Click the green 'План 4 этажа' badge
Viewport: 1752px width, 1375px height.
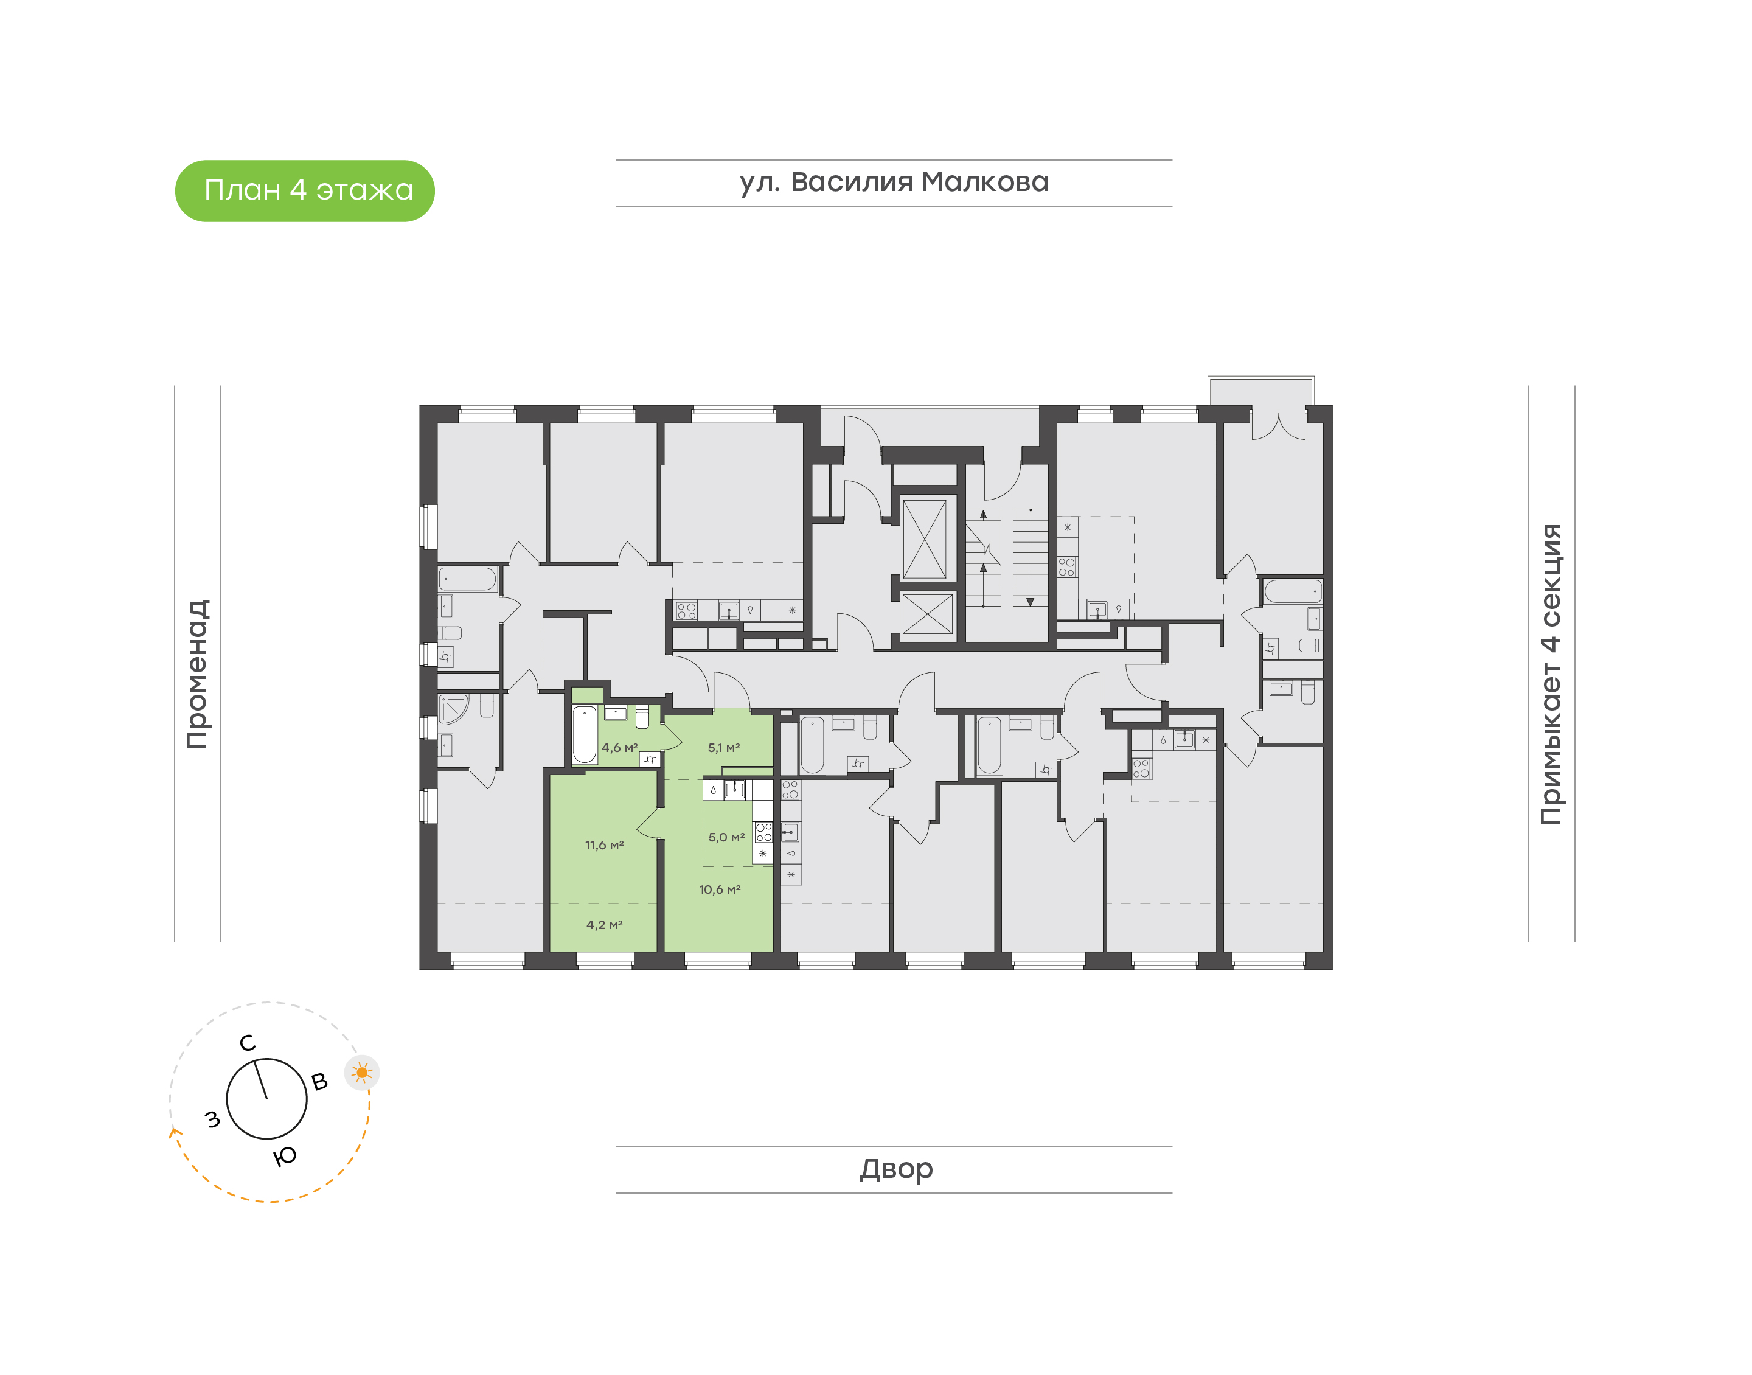[304, 191]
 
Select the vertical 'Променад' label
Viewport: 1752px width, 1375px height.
[197, 674]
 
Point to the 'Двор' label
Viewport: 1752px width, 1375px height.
[895, 1168]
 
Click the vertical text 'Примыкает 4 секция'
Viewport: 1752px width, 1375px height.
[1550, 674]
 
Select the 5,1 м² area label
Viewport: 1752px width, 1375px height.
[723, 748]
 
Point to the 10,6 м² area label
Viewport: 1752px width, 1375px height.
[720, 889]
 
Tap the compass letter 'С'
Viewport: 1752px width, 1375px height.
[248, 1043]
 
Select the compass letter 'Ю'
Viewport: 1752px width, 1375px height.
[285, 1157]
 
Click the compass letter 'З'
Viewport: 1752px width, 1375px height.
[212, 1119]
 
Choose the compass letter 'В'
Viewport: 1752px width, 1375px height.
[319, 1082]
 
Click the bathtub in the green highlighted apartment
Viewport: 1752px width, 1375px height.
[584, 734]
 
